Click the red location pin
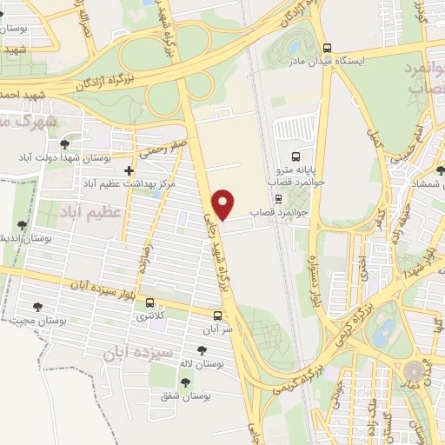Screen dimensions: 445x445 [x=224, y=203]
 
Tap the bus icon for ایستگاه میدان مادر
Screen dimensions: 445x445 [x=327, y=49]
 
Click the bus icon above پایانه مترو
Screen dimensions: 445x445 [x=296, y=157]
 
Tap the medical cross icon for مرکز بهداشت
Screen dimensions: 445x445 [x=130, y=170]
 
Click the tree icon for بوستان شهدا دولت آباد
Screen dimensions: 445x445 [x=64, y=143]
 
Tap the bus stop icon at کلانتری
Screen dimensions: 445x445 [x=151, y=304]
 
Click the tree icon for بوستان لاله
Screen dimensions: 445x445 [x=202, y=350]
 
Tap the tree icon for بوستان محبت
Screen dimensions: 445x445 [x=37, y=306]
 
